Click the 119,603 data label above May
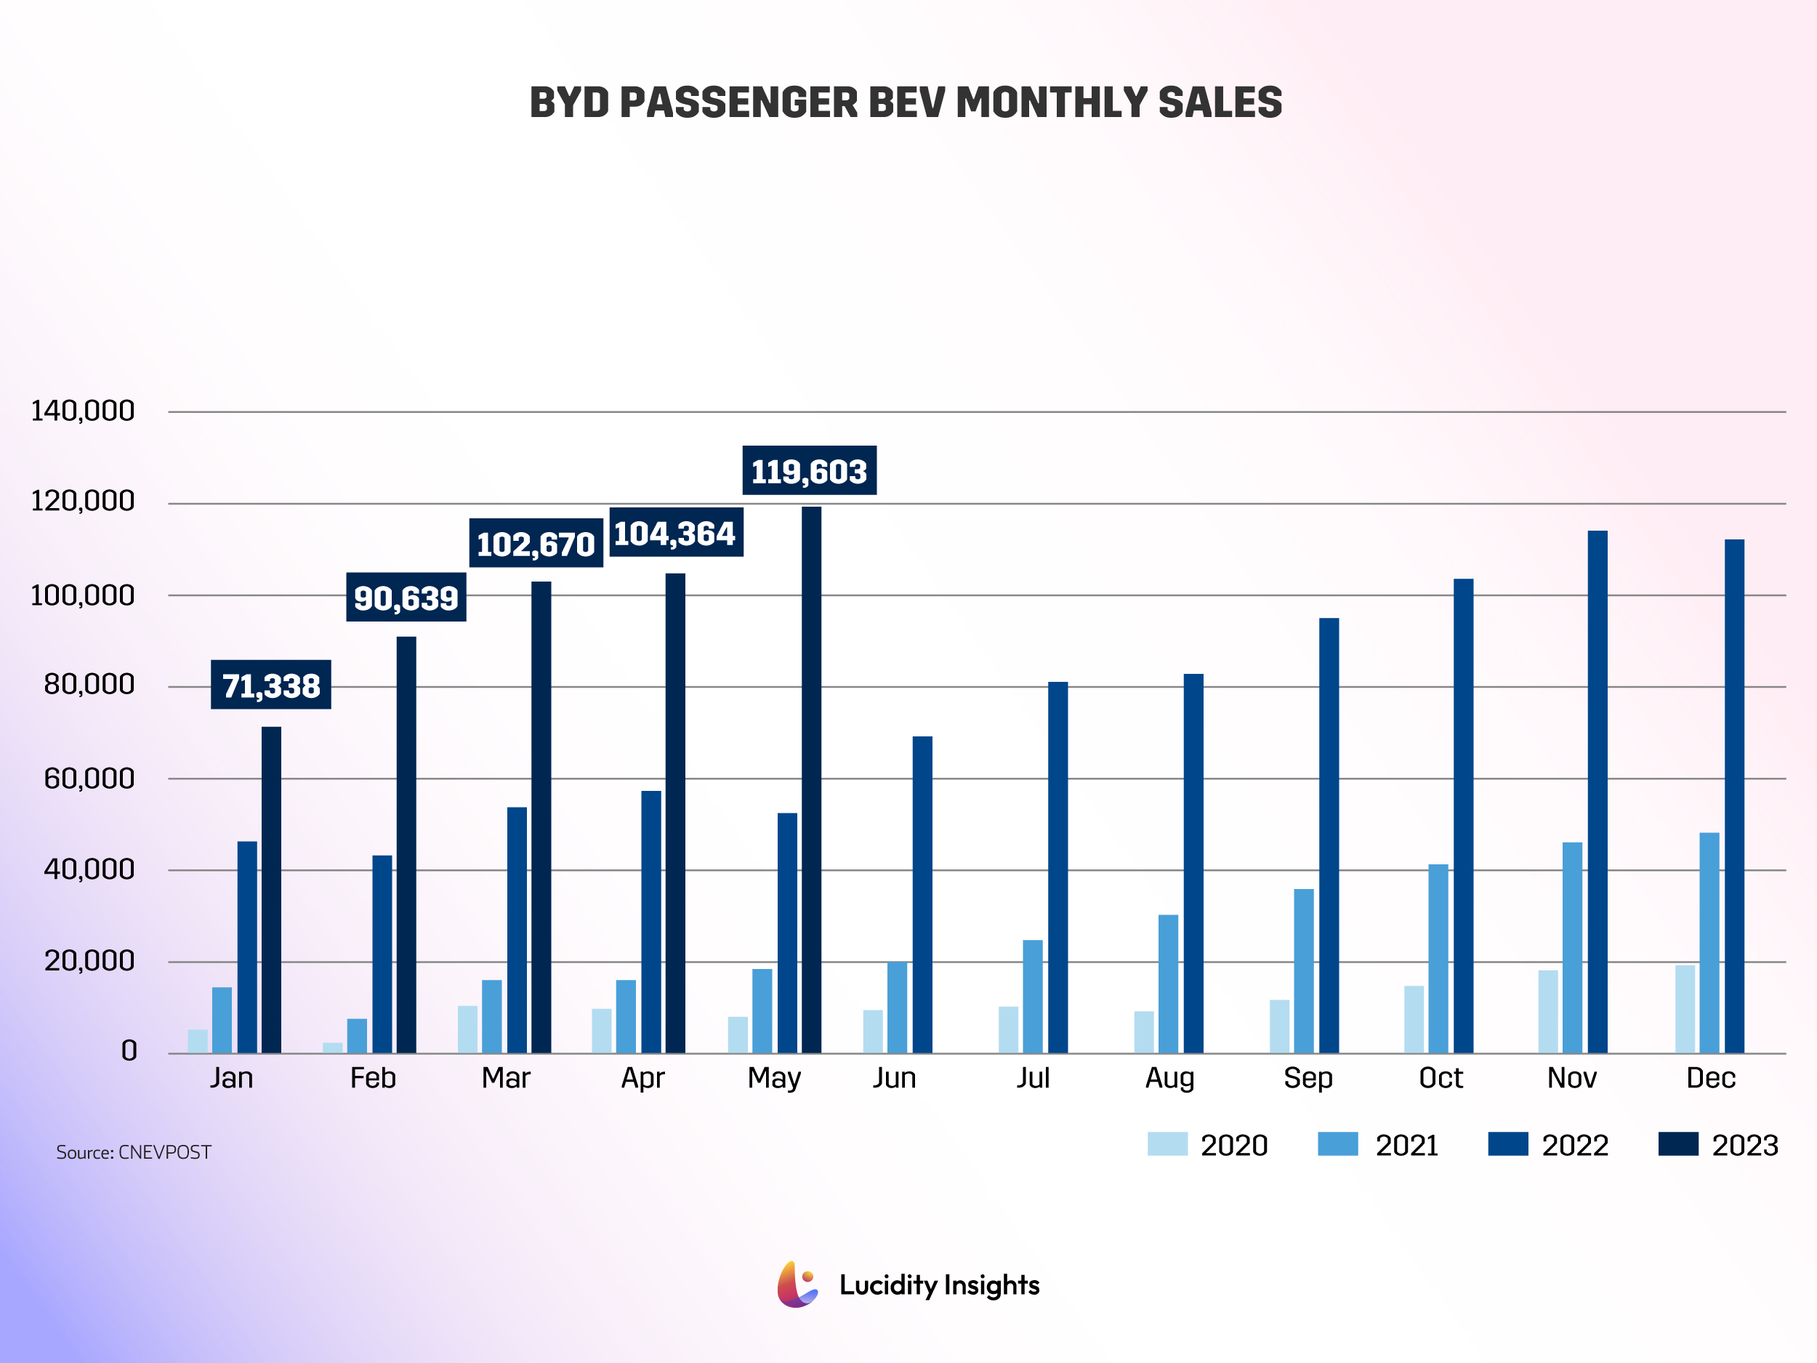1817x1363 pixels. [x=809, y=471]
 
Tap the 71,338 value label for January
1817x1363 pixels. [x=271, y=685]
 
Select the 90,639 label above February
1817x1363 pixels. [x=406, y=598]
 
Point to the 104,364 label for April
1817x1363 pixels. [x=675, y=533]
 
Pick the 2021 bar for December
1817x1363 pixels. [x=1709, y=942]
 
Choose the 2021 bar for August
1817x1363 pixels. [x=1168, y=984]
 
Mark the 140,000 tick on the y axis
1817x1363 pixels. [x=82, y=411]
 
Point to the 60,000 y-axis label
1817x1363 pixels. [x=89, y=778]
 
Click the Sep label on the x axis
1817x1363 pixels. [x=1308, y=1078]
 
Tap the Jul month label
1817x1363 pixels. [x=1033, y=1078]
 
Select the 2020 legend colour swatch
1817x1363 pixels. [x=1167, y=1143]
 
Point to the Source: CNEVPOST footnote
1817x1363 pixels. [x=133, y=1152]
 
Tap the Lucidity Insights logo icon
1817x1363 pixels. [x=797, y=1284]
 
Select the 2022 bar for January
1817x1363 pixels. [x=247, y=946]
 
